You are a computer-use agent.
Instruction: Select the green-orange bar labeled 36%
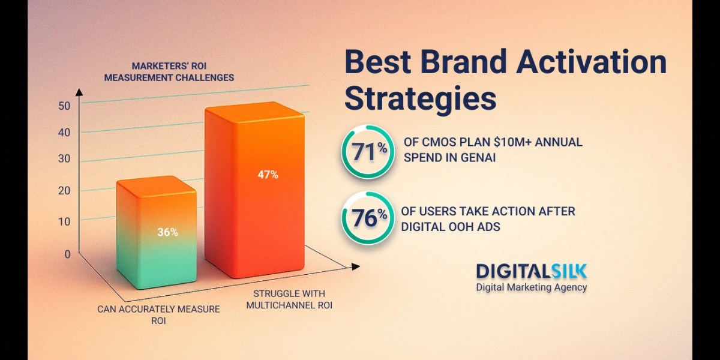pos(157,232)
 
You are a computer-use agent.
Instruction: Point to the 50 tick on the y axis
pos(64,106)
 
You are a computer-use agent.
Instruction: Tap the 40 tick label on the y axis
pos(64,133)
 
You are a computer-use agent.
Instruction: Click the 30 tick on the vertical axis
pos(64,158)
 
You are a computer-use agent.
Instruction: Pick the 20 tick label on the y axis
pos(64,191)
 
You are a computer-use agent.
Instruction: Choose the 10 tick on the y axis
pos(64,221)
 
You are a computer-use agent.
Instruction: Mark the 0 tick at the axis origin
pos(67,254)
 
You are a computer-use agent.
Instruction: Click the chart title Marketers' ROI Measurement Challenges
pos(169,71)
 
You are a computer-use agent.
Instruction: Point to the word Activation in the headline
pos(592,62)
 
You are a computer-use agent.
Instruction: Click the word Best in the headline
pos(378,62)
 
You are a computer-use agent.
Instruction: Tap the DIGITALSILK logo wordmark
pos(532,271)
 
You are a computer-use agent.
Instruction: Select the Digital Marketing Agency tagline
pos(532,287)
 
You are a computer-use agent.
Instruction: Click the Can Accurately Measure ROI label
pos(158,314)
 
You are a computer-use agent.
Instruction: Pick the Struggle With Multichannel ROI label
pos(289,299)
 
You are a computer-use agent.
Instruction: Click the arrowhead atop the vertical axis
pos(79,92)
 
